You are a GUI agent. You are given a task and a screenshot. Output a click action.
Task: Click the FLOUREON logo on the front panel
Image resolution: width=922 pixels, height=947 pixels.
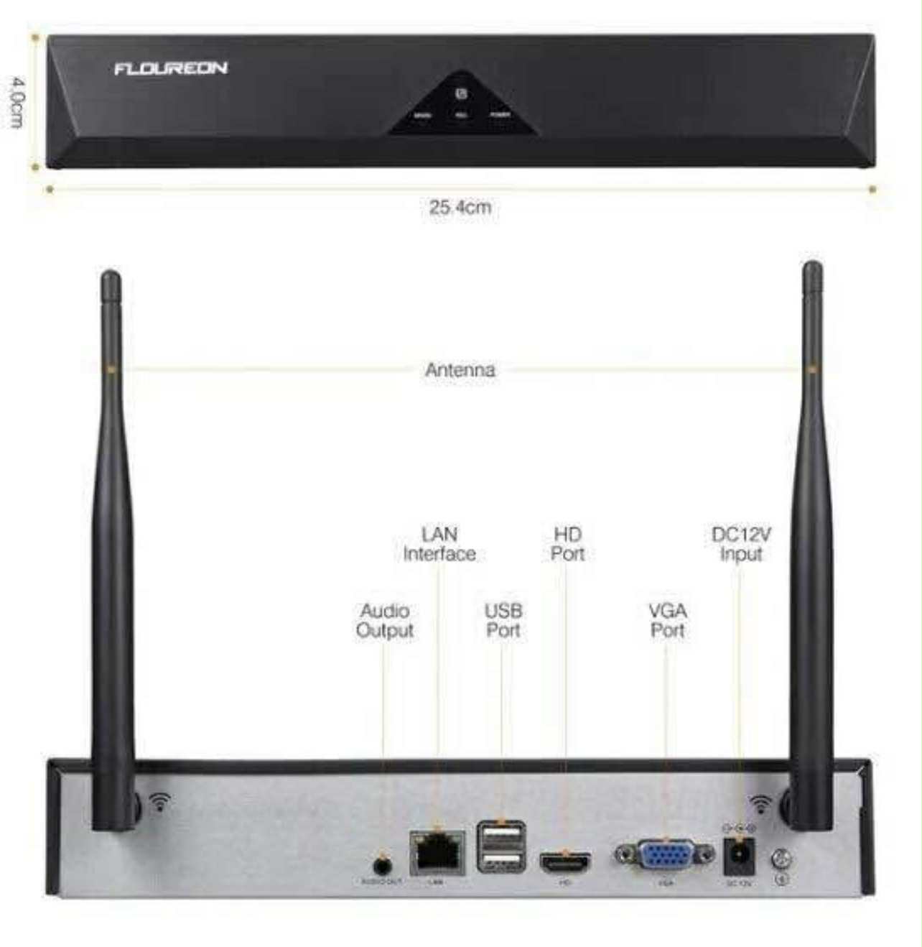[x=171, y=68]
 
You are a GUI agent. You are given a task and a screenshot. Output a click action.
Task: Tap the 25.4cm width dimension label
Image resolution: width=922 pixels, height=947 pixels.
[x=460, y=208]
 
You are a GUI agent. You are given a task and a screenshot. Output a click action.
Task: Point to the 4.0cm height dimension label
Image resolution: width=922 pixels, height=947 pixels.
[x=17, y=102]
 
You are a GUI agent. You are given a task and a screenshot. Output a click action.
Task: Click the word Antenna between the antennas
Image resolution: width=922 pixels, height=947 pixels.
[x=460, y=370]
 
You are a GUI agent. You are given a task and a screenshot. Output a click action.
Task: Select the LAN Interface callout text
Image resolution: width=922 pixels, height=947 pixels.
[x=439, y=544]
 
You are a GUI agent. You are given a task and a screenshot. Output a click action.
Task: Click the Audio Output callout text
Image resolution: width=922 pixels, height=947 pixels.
[x=385, y=621]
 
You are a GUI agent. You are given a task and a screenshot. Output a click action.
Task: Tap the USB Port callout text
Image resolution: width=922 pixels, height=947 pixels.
[x=503, y=621]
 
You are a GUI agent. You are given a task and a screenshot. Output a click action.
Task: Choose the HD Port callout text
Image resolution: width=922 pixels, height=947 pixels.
[x=567, y=544]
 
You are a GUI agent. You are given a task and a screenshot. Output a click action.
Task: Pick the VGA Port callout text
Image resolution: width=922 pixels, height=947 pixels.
[x=667, y=621]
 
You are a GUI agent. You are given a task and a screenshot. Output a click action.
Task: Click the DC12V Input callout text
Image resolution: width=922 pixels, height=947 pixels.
[x=741, y=544]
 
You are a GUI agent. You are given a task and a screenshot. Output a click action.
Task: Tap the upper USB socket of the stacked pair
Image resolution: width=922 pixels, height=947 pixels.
[x=501, y=836]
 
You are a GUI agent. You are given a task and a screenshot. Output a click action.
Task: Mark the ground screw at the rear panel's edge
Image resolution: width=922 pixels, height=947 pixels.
[x=783, y=859]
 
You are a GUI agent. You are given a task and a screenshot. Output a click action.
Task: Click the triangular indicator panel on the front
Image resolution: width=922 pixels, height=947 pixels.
[x=462, y=106]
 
